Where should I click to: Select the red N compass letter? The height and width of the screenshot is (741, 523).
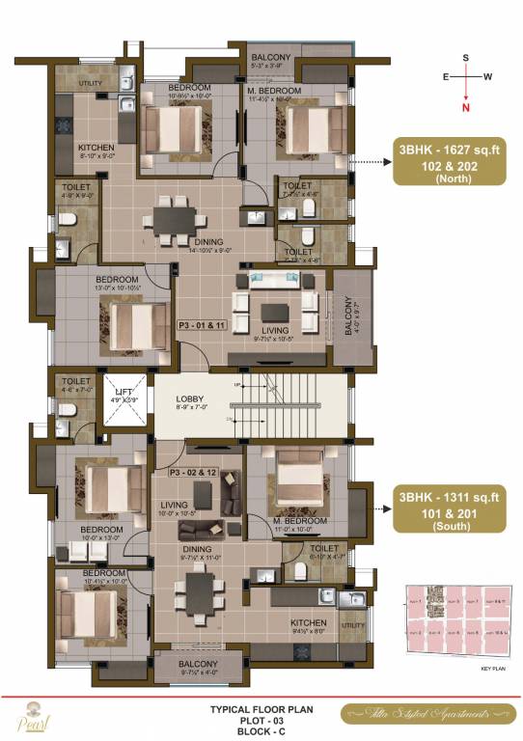[466, 109]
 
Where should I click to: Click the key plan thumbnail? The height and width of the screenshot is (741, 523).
[456, 623]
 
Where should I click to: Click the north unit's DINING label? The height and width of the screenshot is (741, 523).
[207, 241]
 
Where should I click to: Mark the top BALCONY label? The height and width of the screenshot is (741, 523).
[271, 58]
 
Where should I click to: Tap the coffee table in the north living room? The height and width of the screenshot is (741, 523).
[277, 312]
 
